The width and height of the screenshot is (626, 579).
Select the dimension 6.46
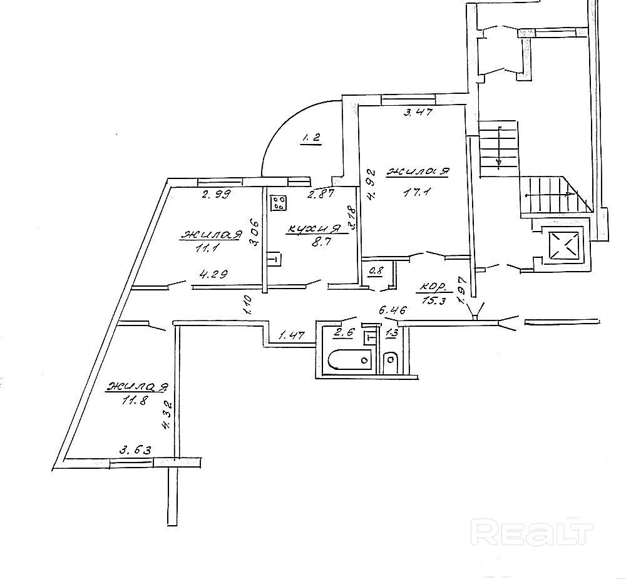[393, 309]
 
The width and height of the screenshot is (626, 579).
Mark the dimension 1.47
[291, 336]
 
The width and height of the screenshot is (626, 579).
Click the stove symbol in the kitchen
[279, 203]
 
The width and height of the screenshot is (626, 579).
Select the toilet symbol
[391, 361]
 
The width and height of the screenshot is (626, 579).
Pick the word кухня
[314, 229]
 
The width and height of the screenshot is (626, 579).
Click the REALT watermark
[533, 533]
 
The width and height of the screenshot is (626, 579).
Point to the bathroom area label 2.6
[345, 333]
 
